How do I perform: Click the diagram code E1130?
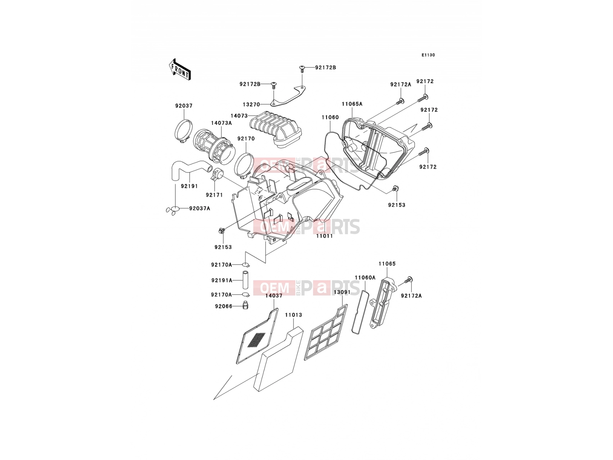(428, 55)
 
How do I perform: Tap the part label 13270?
(251, 104)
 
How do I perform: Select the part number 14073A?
(221, 123)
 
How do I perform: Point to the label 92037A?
(199, 209)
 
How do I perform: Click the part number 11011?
(324, 236)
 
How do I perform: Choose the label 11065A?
(352, 104)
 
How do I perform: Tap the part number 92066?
(223, 306)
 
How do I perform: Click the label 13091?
(342, 292)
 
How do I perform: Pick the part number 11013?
(293, 315)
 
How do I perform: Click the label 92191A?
(221, 281)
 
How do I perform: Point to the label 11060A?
(365, 277)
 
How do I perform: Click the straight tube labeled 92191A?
(245, 279)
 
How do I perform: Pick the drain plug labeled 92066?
(246, 305)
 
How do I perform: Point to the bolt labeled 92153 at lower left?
(222, 231)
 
